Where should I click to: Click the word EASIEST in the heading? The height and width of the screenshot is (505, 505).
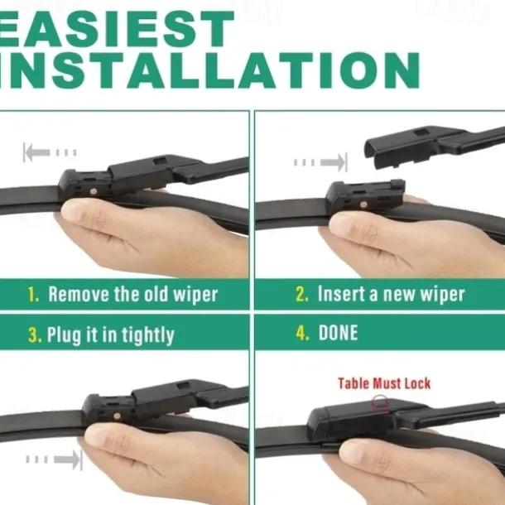[117, 29]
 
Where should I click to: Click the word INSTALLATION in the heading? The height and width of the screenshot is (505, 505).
[209, 70]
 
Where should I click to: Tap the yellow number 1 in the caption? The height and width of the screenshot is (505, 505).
[33, 294]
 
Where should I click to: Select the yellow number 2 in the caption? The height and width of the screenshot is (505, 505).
[302, 294]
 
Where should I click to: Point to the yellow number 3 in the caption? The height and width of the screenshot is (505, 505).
[35, 334]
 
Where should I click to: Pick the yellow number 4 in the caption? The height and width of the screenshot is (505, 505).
[302, 333]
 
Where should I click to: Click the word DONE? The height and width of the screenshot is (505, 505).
[338, 333]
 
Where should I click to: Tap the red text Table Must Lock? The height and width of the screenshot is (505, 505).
[384, 383]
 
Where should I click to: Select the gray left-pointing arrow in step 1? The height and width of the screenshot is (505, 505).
[50, 152]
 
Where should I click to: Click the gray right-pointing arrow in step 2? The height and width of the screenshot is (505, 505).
[320, 162]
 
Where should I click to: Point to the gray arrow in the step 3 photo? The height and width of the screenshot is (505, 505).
[54, 459]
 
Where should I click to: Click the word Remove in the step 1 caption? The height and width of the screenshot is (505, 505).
[79, 294]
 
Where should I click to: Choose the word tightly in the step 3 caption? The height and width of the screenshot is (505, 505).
[148, 335]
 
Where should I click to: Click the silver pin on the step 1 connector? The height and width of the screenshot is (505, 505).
[94, 191]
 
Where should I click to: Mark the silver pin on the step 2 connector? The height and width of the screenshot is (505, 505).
[363, 204]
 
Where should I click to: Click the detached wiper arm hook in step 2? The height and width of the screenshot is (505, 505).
[435, 143]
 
